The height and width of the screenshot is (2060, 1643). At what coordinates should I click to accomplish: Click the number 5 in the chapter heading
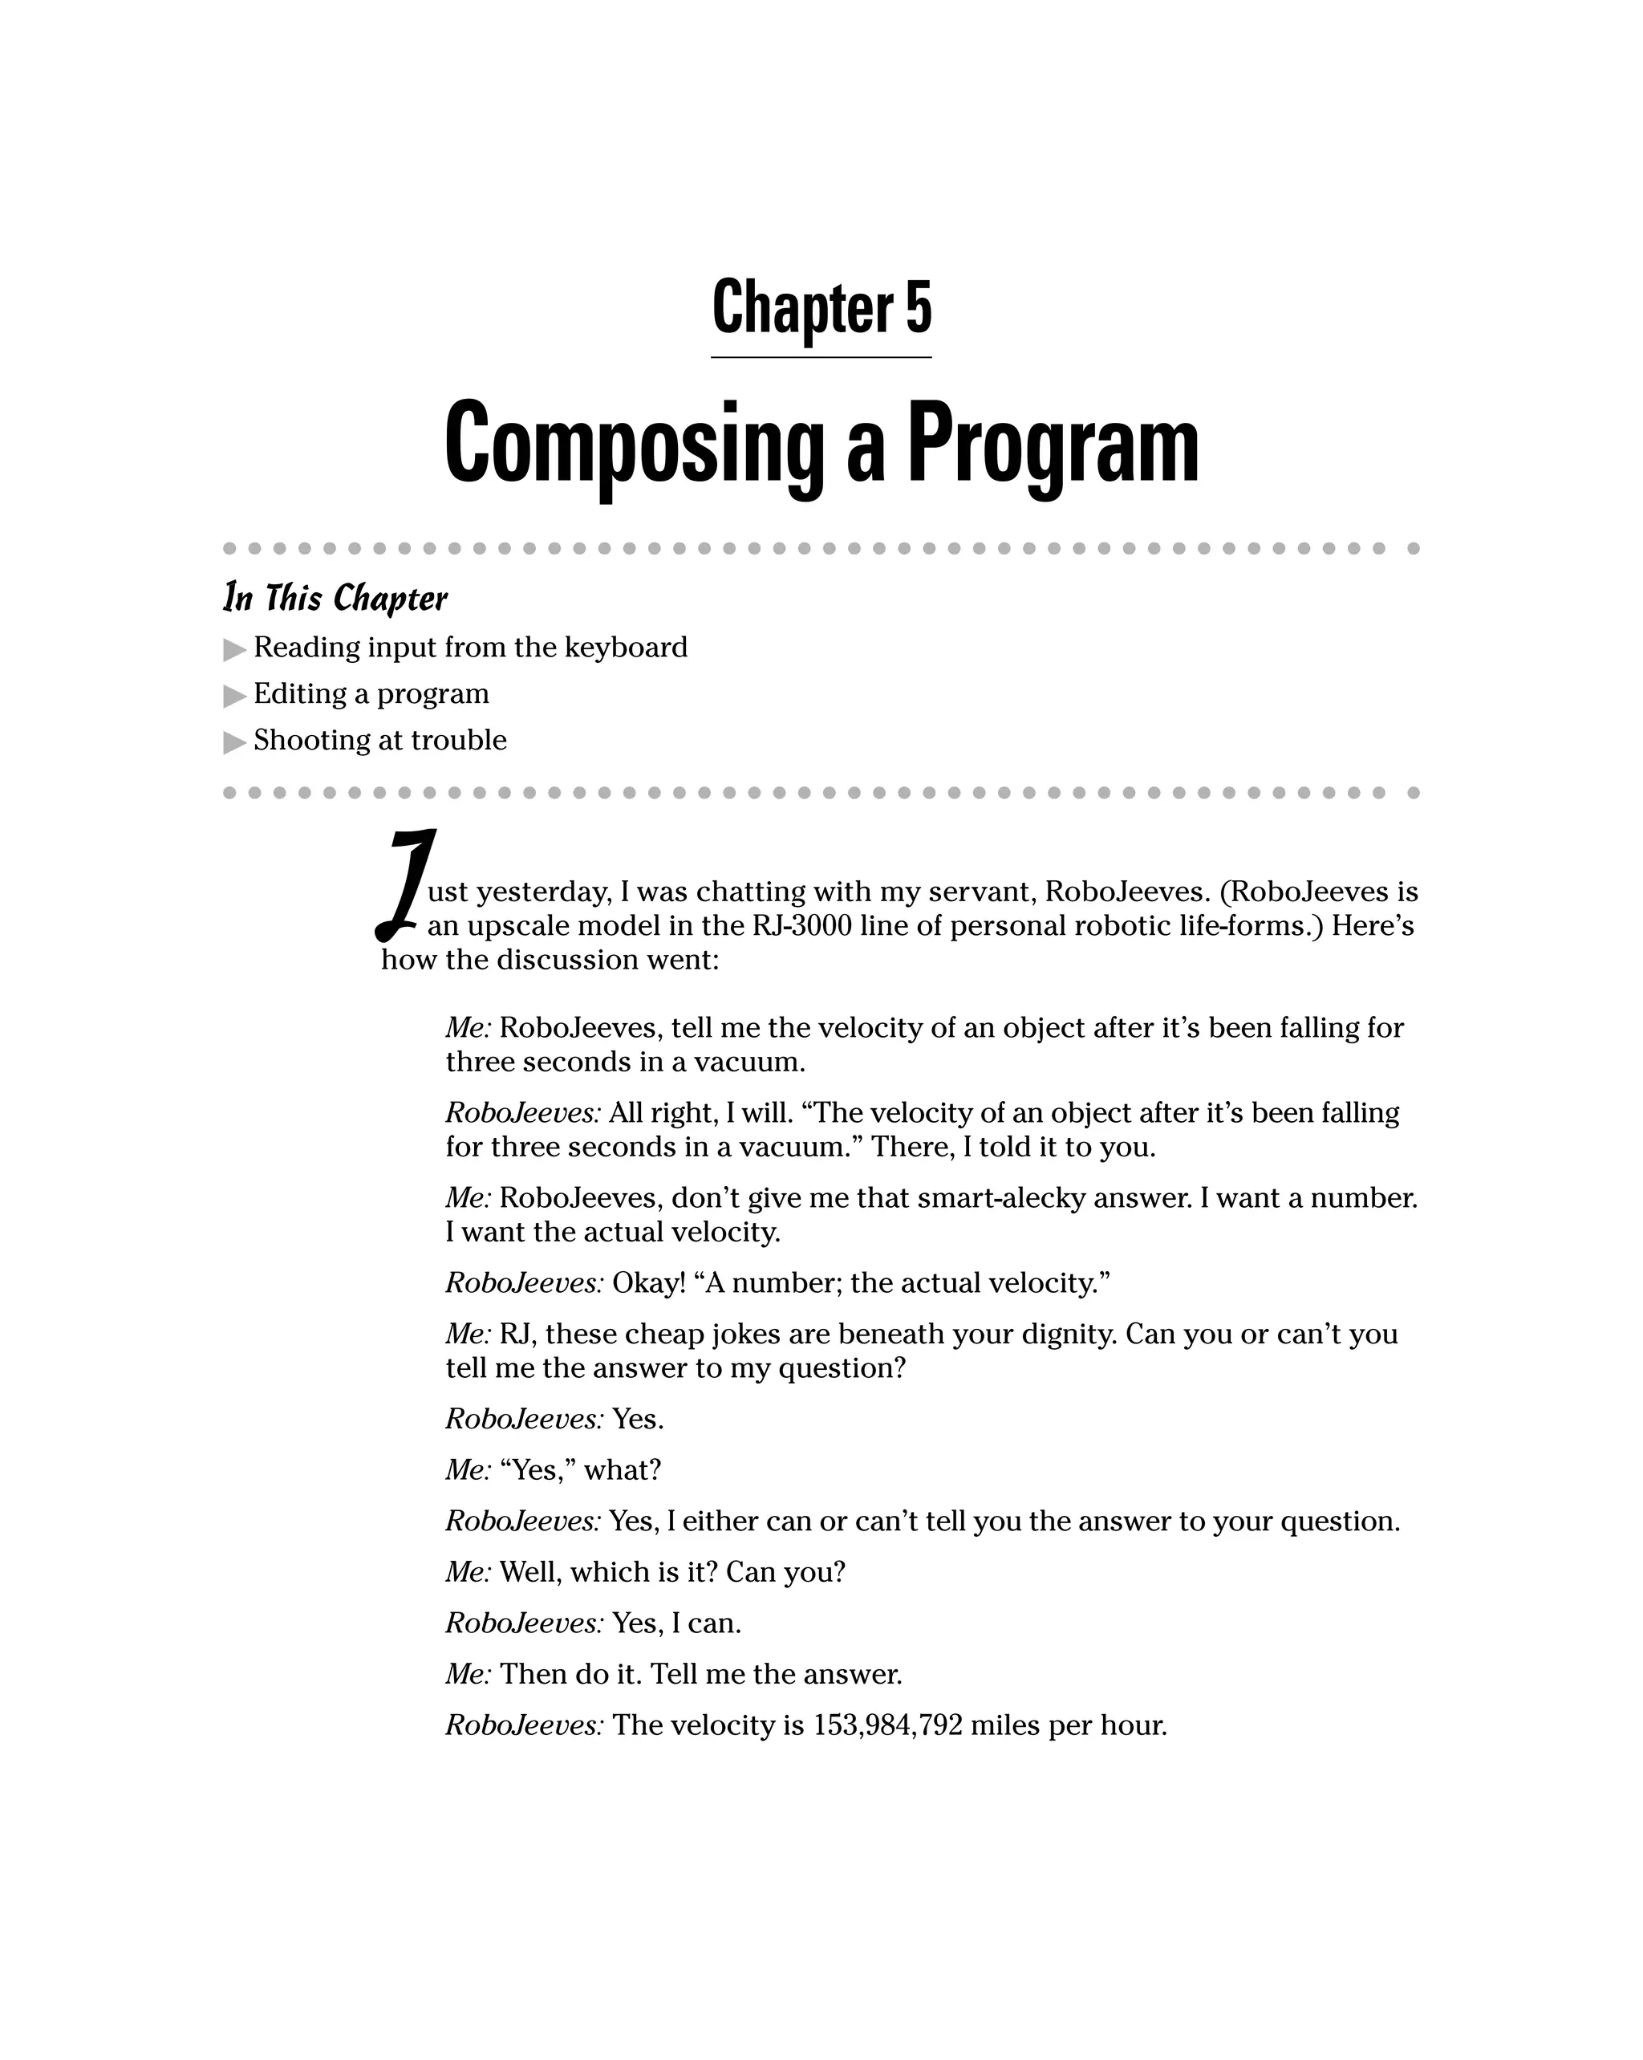918,307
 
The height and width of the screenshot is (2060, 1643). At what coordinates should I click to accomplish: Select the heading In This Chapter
335,598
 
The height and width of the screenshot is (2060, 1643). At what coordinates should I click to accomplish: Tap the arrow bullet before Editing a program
234,696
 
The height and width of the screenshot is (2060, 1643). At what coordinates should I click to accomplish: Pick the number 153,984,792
887,1725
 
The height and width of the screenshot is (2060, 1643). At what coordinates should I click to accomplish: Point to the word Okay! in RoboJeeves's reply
648,1282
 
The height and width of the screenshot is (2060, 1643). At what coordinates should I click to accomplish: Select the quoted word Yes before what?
536,1469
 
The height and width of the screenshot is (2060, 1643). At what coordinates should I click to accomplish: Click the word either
720,1521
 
